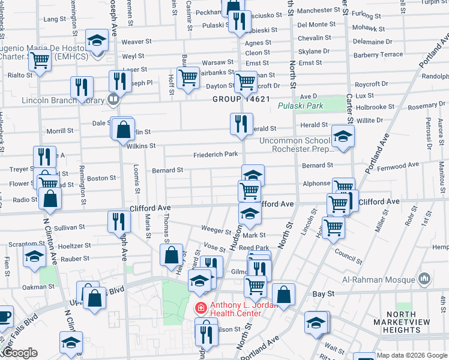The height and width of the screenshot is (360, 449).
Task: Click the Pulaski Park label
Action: [301, 106]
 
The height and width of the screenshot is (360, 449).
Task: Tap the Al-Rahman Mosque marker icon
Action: [424, 279]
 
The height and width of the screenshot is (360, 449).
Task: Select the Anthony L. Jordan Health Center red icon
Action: [200, 308]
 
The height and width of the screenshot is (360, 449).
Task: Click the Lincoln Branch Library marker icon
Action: [113, 99]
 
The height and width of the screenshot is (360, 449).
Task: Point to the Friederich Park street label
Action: [215, 155]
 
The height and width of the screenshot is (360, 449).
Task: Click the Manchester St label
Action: [319, 11]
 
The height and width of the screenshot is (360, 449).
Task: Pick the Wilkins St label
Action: [141, 146]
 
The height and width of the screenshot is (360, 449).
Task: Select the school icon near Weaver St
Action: [96, 40]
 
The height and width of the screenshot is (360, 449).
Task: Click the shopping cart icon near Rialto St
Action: [40, 60]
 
